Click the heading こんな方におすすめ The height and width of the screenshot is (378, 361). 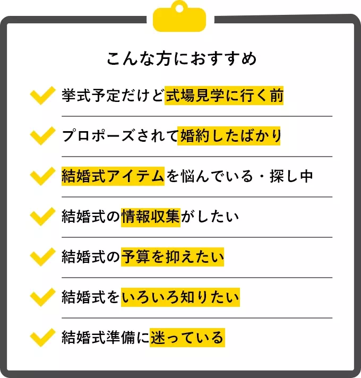coord(180,58)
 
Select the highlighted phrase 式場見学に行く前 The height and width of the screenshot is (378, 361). coord(224,96)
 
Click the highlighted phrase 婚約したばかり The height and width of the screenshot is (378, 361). coord(230,136)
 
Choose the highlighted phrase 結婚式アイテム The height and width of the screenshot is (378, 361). coord(114,177)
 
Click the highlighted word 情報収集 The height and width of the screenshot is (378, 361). coord(151,217)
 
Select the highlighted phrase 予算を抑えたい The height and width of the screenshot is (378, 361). coord(173,257)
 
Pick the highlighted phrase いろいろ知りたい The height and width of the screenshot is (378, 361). coord(180,297)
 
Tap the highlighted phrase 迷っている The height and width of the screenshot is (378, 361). coord(187,338)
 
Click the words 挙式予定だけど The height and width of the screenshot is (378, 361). coord(113,96)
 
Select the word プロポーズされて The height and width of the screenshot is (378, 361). coord(120,136)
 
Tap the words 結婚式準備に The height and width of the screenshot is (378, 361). coord(105,338)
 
